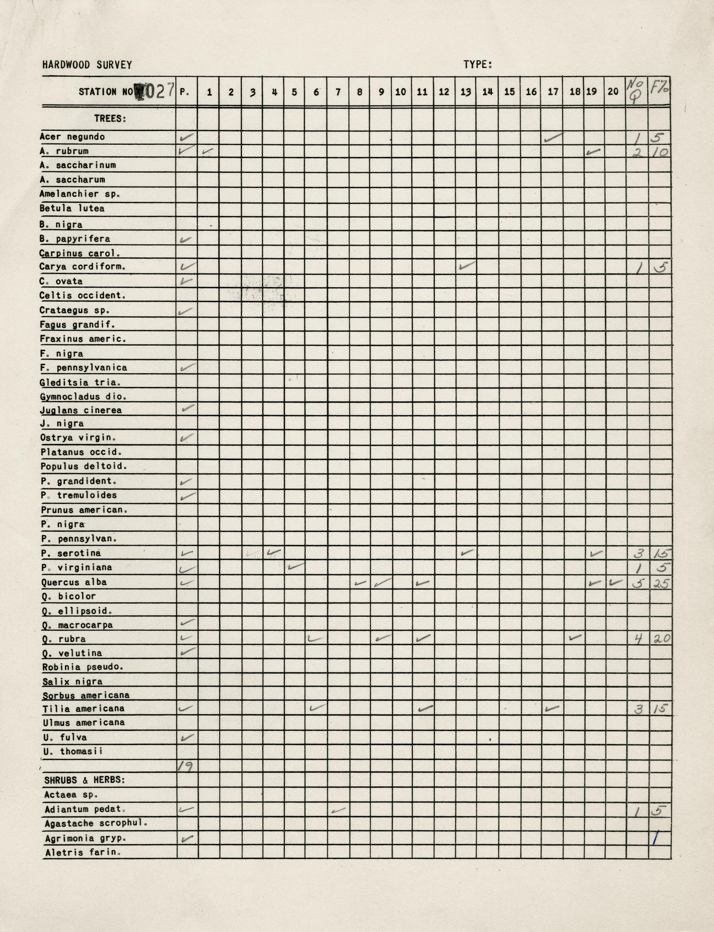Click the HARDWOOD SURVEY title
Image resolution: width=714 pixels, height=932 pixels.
tap(87, 65)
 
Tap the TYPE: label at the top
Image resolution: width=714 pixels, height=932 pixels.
tap(478, 65)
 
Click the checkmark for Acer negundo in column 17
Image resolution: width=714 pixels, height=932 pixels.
tap(553, 137)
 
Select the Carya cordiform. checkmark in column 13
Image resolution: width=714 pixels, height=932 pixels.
tap(467, 266)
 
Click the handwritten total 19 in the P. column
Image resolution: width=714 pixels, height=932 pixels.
tap(185, 766)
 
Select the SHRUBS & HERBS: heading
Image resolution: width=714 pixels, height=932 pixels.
tap(85, 780)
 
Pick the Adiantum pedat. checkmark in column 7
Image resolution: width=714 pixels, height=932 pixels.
tap(338, 810)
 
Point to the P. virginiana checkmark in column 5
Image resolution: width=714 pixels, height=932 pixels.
tap(296, 567)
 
